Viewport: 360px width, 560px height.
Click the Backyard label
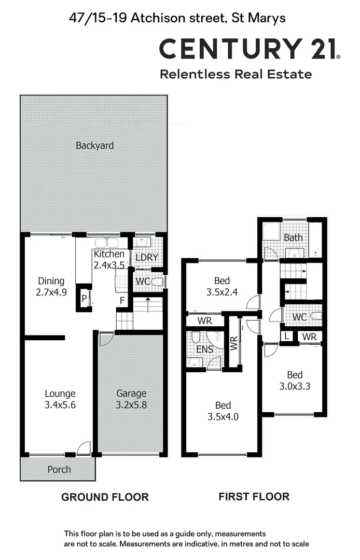pos(94,146)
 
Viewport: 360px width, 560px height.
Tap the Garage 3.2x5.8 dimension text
pos(131,404)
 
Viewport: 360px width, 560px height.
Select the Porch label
pos(59,470)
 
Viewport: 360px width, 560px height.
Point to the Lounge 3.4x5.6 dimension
pos(60,405)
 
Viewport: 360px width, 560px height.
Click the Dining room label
pos(51,281)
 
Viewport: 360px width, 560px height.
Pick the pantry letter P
pos(84,298)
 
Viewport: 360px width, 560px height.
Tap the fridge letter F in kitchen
pos(122,300)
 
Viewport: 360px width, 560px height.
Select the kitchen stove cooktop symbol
pos(121,282)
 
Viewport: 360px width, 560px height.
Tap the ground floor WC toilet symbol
pos(159,282)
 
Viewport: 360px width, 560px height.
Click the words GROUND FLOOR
pos(105,497)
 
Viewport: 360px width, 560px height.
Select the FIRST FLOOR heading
pos(254,497)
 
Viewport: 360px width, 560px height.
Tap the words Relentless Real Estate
pos(236,74)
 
